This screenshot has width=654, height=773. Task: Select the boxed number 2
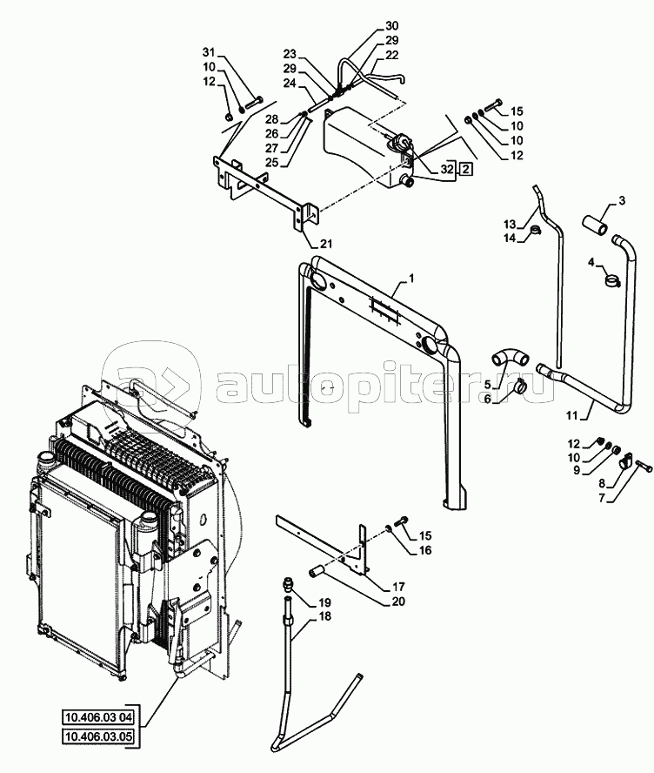[x=467, y=169]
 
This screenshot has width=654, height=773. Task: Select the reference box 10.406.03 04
[x=97, y=718]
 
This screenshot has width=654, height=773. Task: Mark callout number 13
[x=510, y=223]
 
